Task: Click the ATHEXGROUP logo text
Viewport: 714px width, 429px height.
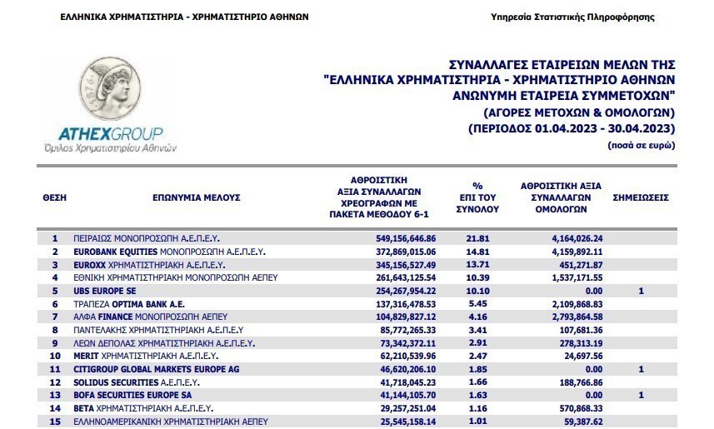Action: [x=110, y=134]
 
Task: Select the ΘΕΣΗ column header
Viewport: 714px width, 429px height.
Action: [x=54, y=198]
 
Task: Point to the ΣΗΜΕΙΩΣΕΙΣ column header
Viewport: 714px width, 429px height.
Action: [x=641, y=198]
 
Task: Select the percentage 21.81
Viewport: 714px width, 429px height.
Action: [x=478, y=238]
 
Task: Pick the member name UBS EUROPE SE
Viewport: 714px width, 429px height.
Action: [x=106, y=292]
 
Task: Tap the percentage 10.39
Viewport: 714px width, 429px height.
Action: [x=478, y=278]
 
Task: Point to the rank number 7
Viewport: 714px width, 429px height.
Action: [x=55, y=317]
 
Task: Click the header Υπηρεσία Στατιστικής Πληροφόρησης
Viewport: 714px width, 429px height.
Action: [x=597, y=17]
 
